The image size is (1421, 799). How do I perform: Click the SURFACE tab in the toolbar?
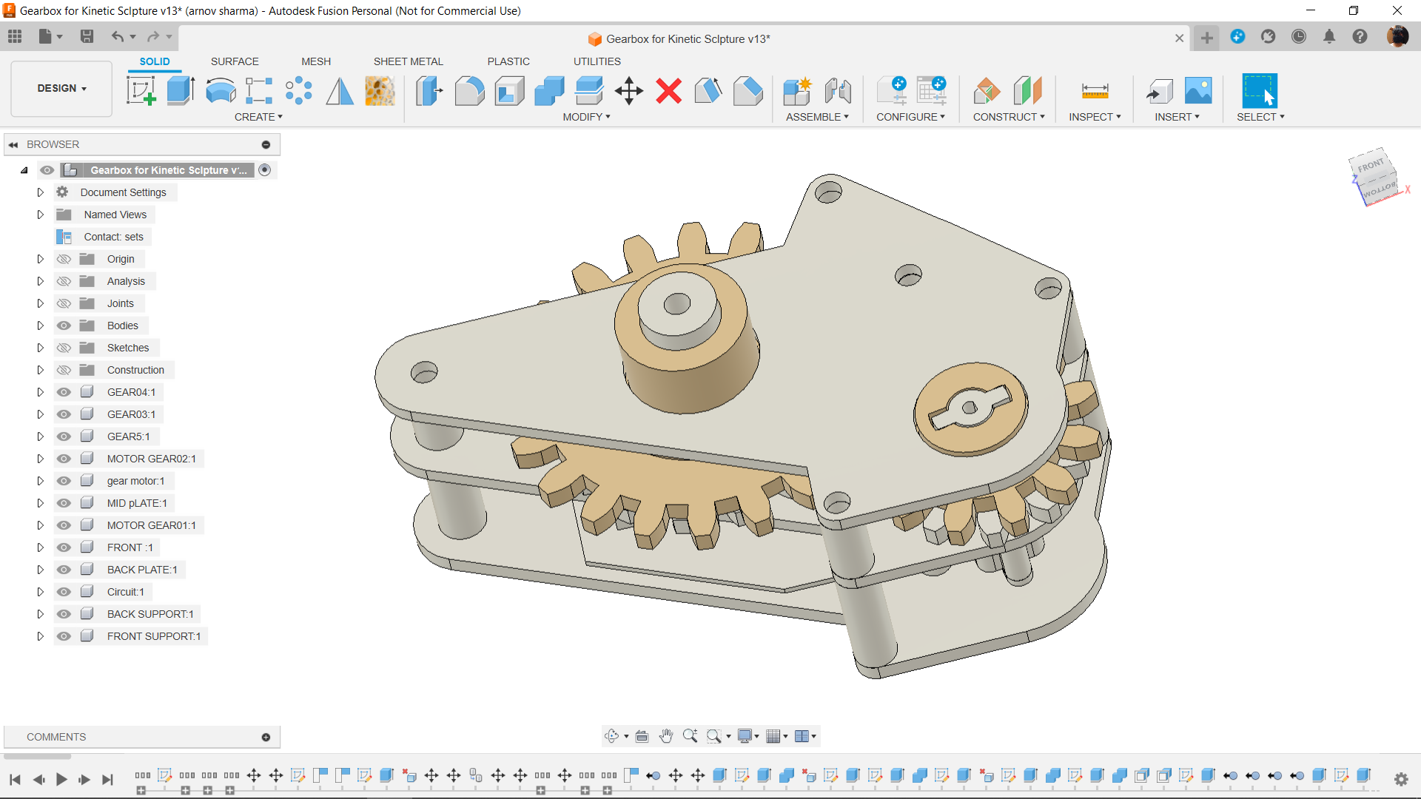pyautogui.click(x=235, y=61)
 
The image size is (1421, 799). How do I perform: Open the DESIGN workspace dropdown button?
pyautogui.click(x=61, y=88)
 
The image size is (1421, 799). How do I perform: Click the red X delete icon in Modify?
pyautogui.click(x=668, y=92)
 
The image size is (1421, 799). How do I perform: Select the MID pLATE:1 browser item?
pyautogui.click(x=137, y=503)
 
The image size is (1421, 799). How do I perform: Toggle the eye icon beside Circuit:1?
pyautogui.click(x=64, y=592)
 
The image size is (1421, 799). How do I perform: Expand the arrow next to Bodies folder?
pyautogui.click(x=41, y=326)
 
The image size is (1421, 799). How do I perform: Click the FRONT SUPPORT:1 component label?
pyautogui.click(x=153, y=636)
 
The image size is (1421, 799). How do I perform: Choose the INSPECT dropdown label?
pyautogui.click(x=1094, y=117)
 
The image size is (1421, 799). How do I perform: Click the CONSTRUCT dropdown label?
pyautogui.click(x=1008, y=117)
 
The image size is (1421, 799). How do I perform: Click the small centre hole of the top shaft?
pyautogui.click(x=676, y=303)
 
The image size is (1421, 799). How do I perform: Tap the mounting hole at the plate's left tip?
pyautogui.click(x=424, y=372)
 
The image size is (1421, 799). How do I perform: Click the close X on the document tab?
pyautogui.click(x=1179, y=38)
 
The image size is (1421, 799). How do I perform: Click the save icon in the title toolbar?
pyautogui.click(x=87, y=36)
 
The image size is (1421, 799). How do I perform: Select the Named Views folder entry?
pyautogui.click(x=115, y=215)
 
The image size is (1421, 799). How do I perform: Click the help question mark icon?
pyautogui.click(x=1360, y=36)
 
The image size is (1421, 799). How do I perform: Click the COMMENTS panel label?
pyautogui.click(x=56, y=737)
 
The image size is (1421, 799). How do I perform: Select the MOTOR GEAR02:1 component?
pyautogui.click(x=151, y=459)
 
